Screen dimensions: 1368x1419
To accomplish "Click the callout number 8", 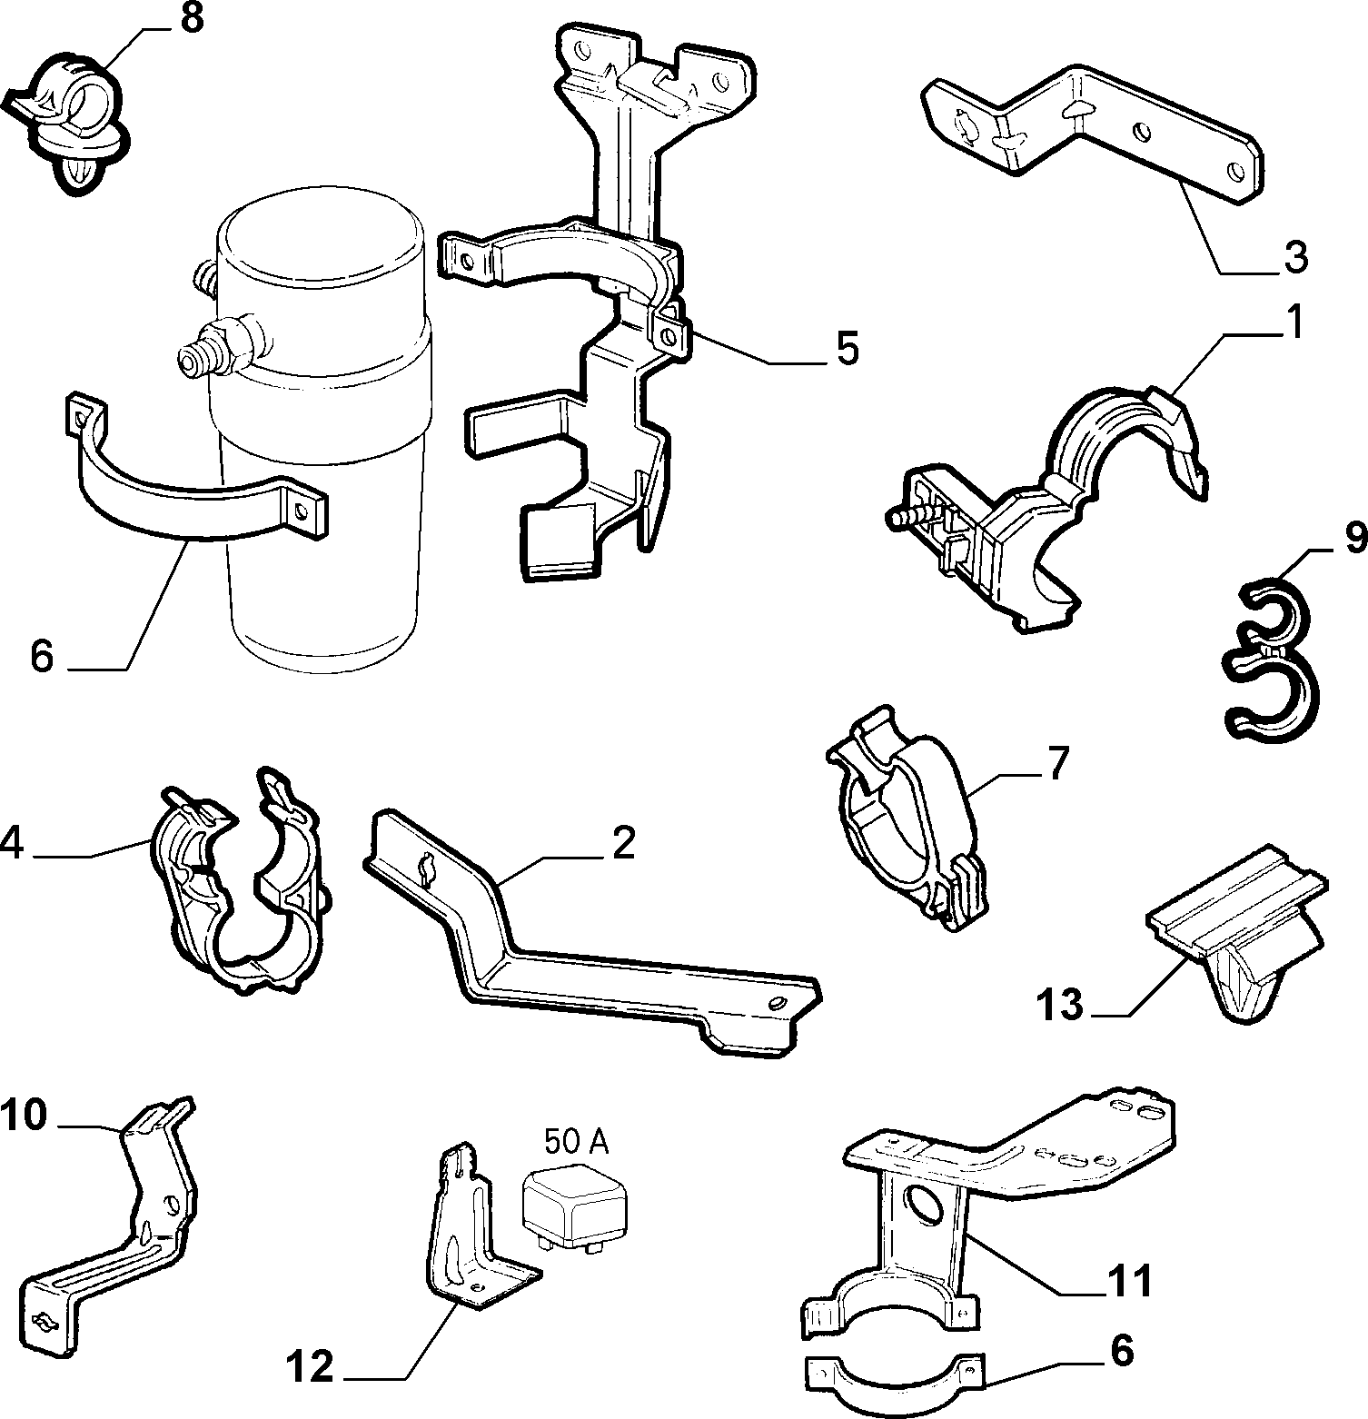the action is [x=192, y=19].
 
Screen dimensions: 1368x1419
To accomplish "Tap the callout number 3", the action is [x=1295, y=257].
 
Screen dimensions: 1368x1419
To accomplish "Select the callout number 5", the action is [x=847, y=349].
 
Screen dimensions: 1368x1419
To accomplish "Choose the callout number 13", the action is [x=1060, y=1005].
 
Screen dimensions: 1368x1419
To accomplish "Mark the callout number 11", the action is [x=1129, y=1282].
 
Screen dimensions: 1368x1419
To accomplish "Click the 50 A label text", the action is [x=576, y=1140].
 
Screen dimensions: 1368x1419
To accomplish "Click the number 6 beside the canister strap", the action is [x=43, y=656].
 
